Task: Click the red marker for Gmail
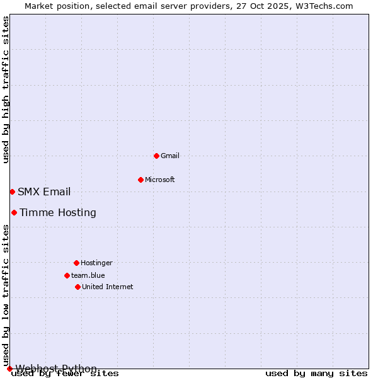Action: [156, 156]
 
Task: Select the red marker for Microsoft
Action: [140, 180]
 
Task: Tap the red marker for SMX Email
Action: [12, 192]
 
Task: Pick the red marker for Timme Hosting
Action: [14, 212]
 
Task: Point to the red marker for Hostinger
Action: [76, 263]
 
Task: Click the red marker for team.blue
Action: [67, 275]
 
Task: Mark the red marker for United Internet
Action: [77, 287]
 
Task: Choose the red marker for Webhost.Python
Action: [9, 369]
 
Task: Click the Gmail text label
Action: [170, 156]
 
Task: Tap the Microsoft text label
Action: [160, 180]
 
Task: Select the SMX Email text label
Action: [44, 192]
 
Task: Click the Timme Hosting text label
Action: [58, 213]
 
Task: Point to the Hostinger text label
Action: [96, 263]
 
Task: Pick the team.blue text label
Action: [88, 275]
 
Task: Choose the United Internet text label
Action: [108, 287]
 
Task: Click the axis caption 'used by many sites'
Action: [316, 374]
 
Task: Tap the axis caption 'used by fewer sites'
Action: [66, 374]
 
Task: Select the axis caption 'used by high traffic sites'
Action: [6, 89]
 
